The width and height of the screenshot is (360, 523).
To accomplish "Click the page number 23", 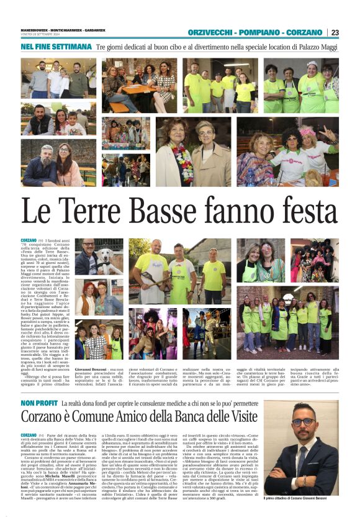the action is point(335,32).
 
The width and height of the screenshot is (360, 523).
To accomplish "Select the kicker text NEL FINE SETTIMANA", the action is point(56,47).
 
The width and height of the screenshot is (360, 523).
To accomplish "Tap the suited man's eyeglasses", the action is point(303,422).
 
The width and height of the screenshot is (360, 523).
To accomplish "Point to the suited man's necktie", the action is point(304,457).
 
